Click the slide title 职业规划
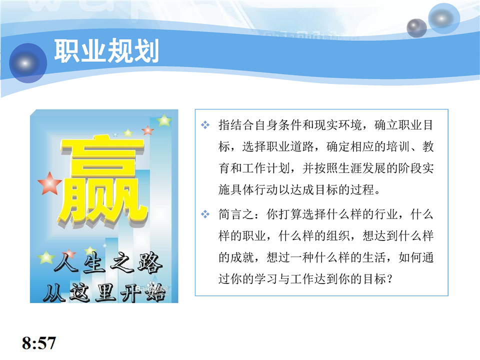click(106, 51)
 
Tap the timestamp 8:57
click(39, 343)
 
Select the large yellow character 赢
click(102, 182)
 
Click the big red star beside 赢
click(49, 183)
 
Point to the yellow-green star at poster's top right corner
click(164, 120)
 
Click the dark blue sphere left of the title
click(28, 63)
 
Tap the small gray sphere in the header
click(416, 28)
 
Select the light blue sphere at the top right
click(444, 18)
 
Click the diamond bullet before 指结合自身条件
click(205, 125)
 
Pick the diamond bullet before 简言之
click(205, 214)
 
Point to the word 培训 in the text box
click(398, 146)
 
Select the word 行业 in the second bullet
click(386, 214)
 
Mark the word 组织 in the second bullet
click(338, 235)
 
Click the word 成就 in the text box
click(242, 257)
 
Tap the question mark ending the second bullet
click(389, 279)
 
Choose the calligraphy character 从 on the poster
click(54, 293)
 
